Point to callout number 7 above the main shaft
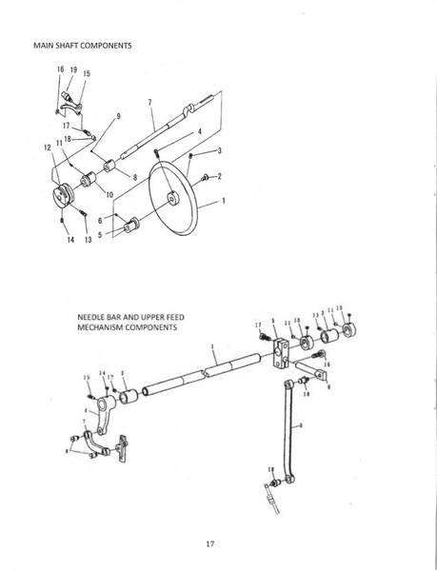[149, 102]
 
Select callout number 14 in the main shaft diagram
[62, 241]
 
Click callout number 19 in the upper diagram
[73, 69]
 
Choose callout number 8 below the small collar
[135, 176]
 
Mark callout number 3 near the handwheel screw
[219, 151]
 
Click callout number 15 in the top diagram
[87, 73]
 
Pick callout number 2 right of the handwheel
[220, 176]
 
